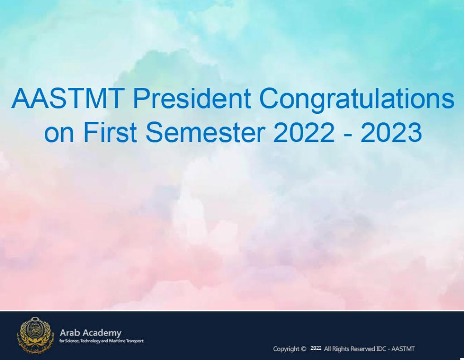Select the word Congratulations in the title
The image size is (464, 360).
pyautogui.click(x=357, y=100)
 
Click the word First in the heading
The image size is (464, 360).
pyautogui.click(x=110, y=132)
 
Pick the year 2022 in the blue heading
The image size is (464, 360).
pyautogui.click(x=304, y=132)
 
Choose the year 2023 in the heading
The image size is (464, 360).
pyautogui.click(x=391, y=132)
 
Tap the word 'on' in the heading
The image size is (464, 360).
pyautogui.click(x=59, y=134)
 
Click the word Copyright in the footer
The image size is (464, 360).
pyautogui.click(x=286, y=349)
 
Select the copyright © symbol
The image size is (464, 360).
pyautogui.click(x=303, y=349)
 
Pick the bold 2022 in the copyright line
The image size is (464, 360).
pyautogui.click(x=316, y=348)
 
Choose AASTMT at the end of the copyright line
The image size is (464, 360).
pyautogui.click(x=403, y=349)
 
